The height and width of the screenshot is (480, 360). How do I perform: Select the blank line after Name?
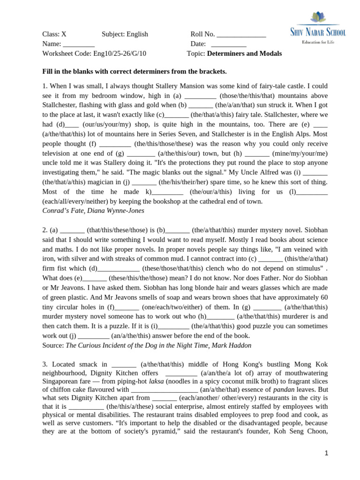point(79,44)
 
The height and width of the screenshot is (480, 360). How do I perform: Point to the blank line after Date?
point(229,44)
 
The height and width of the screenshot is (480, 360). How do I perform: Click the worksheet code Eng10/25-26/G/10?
point(120,54)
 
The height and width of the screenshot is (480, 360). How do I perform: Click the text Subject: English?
point(125,34)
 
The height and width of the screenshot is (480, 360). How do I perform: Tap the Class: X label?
point(54,34)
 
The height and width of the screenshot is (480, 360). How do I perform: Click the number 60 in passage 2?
point(323,298)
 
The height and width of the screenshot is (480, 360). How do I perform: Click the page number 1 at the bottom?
point(327,453)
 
